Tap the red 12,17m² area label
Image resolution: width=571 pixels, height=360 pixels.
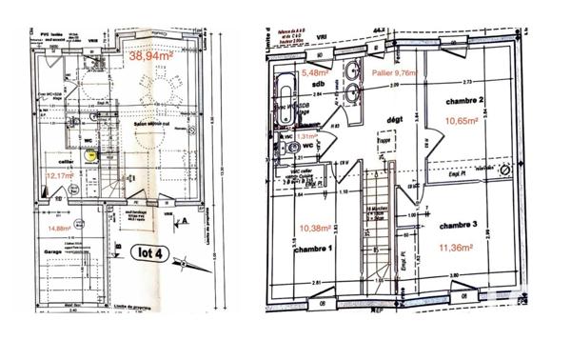click(x=61, y=175)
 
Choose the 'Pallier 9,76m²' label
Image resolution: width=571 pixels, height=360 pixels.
click(x=394, y=71)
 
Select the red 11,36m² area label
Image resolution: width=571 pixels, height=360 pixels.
click(x=460, y=248)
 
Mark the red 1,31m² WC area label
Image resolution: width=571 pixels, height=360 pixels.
click(x=306, y=136)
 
